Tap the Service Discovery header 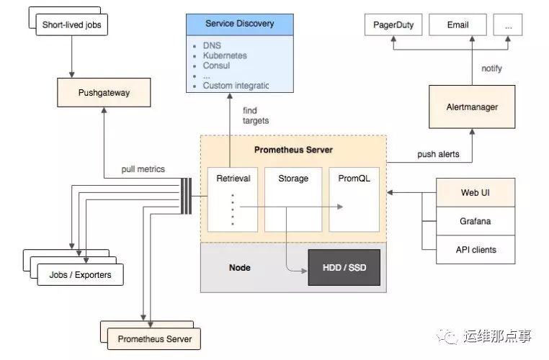(x=239, y=24)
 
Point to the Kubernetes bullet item (x=225, y=55)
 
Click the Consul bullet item (x=216, y=66)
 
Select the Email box (x=458, y=24)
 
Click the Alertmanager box (x=472, y=107)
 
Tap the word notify (x=491, y=68)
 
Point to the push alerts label (x=438, y=155)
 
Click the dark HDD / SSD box (x=343, y=267)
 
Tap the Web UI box (x=475, y=193)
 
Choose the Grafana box (x=475, y=221)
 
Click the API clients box (x=475, y=250)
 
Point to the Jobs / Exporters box (x=79, y=275)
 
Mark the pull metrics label (x=143, y=170)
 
